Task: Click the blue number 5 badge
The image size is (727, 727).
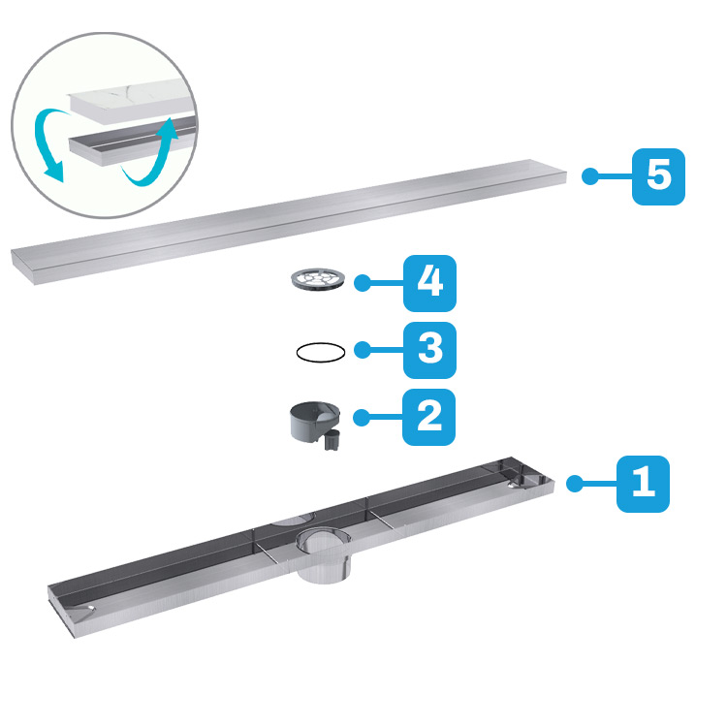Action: [x=658, y=176]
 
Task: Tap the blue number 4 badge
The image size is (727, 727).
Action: [x=429, y=283]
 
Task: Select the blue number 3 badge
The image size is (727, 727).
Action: [x=429, y=350]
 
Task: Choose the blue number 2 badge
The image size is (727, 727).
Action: [x=428, y=417]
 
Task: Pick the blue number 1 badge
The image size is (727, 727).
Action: [x=643, y=484]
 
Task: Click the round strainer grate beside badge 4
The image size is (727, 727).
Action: [x=318, y=279]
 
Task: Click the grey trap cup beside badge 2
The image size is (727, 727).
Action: [x=315, y=422]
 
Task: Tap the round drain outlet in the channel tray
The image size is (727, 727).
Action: [x=324, y=556]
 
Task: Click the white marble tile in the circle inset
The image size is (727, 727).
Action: [x=132, y=102]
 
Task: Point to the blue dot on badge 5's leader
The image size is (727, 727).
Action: [x=590, y=176]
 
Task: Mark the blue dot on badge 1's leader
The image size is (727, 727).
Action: [x=575, y=484]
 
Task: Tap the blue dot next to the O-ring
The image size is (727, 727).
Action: [x=363, y=350]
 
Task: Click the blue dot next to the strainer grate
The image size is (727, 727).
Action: [x=363, y=283]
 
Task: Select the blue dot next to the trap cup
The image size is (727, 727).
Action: [x=362, y=417]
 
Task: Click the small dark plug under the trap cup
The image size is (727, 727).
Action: [x=332, y=440]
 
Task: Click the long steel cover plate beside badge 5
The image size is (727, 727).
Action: [x=289, y=222]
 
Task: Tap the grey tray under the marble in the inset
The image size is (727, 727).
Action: [x=132, y=143]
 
